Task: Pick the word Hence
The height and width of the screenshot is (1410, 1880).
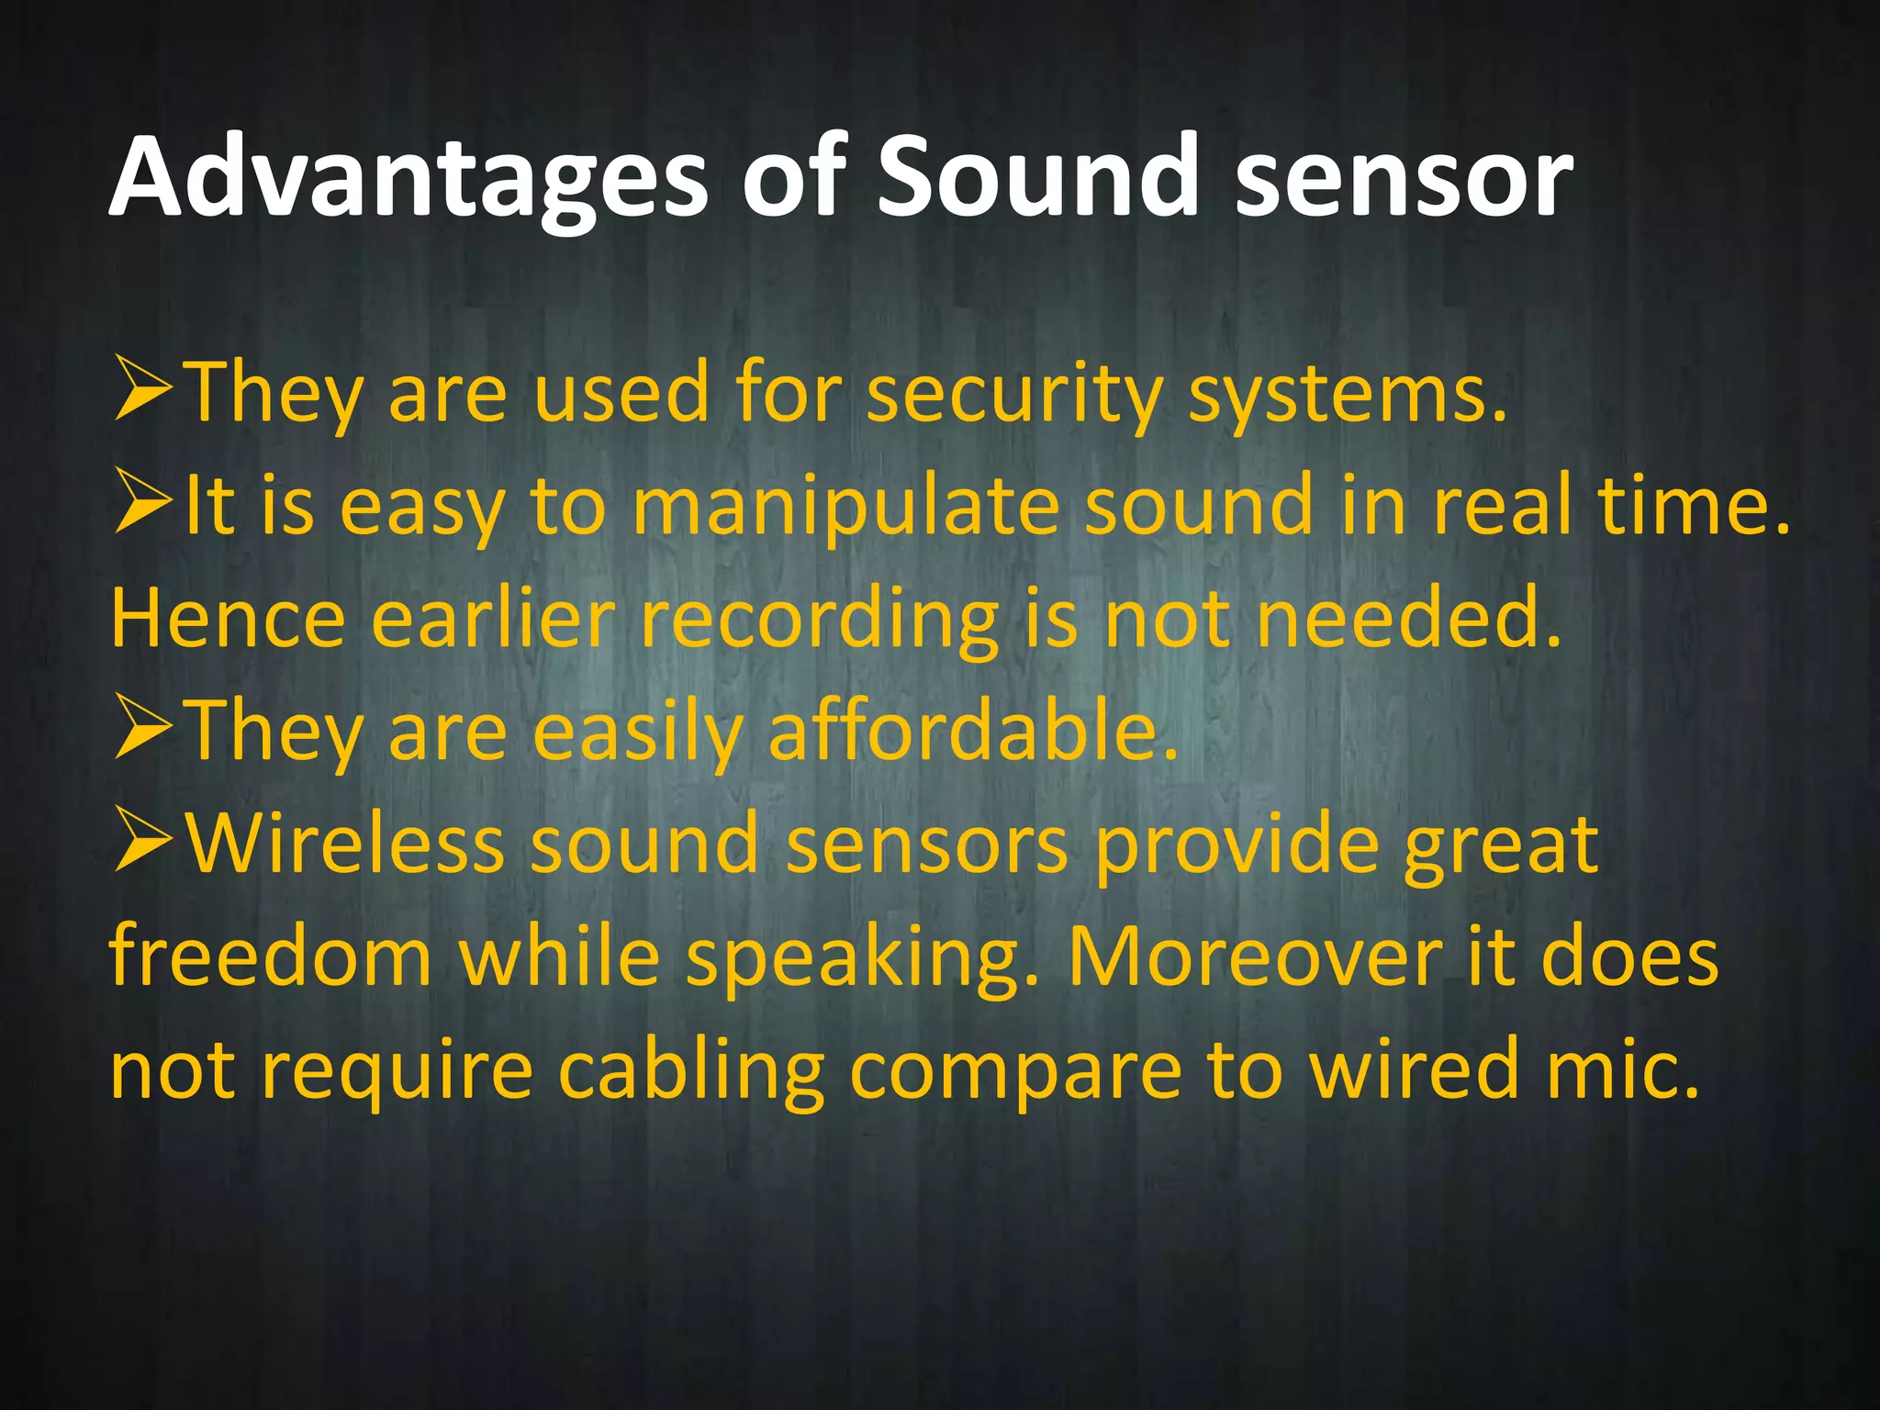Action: click(228, 620)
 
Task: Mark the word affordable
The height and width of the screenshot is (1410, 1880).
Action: click(971, 733)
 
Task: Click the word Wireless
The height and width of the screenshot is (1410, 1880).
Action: click(345, 845)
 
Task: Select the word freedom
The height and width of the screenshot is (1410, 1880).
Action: click(270, 957)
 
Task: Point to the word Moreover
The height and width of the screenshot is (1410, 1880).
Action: click(1253, 957)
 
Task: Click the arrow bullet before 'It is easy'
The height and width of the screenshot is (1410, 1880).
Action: click(143, 502)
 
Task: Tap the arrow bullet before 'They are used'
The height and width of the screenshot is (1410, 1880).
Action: click(143, 389)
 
